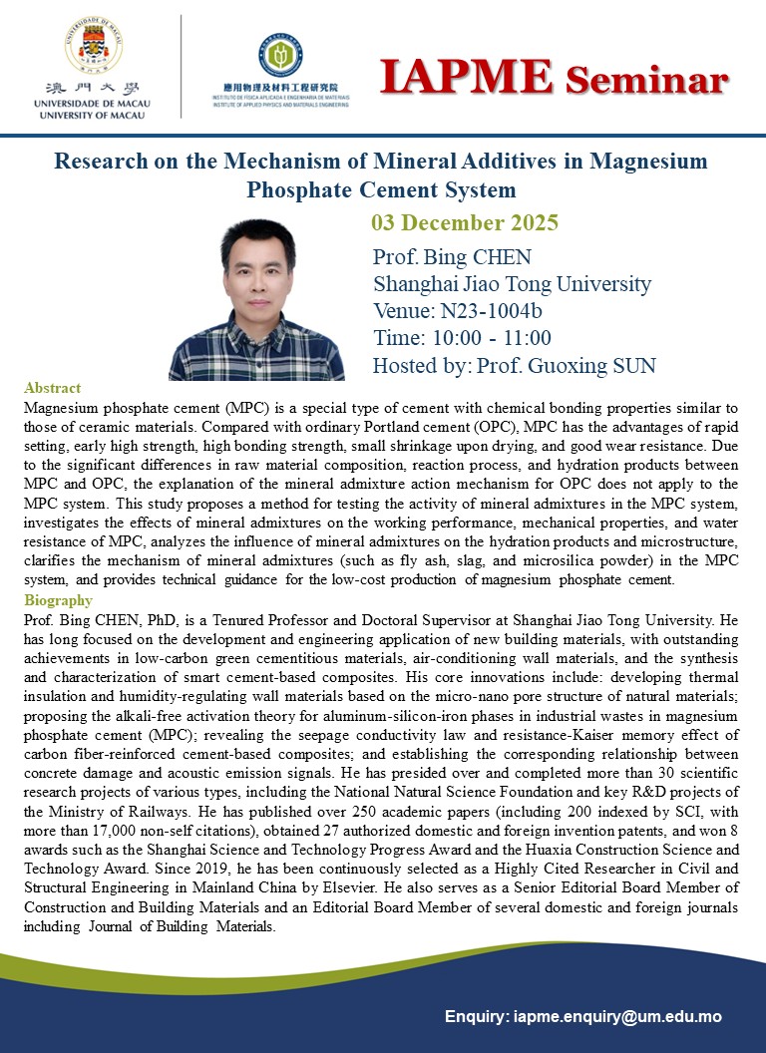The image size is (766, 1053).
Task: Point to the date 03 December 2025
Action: tap(465, 221)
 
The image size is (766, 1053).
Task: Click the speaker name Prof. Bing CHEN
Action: tap(452, 256)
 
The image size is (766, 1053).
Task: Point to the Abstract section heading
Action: tap(52, 388)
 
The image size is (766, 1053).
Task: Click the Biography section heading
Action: tap(58, 600)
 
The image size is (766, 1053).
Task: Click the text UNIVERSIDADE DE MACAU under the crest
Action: tap(88, 104)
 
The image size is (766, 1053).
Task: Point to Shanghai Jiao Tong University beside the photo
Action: tap(512, 283)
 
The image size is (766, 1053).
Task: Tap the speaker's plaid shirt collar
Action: tap(257, 329)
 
